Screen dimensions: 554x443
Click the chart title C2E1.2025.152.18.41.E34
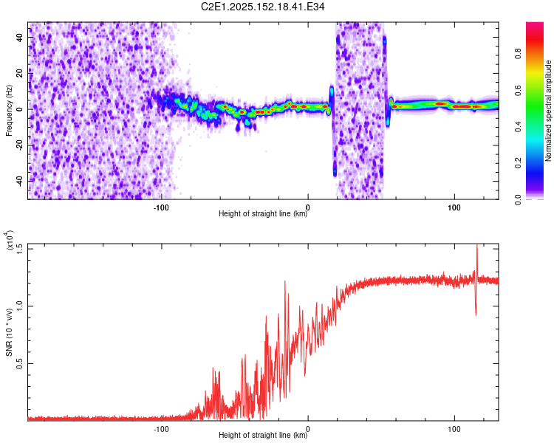[x=262, y=7]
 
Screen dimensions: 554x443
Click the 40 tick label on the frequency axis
[x=19, y=37]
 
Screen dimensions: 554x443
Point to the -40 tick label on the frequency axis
[x=19, y=180]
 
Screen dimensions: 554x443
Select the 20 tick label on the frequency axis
[x=19, y=73]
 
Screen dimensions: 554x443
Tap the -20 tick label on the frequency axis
[x=19, y=145]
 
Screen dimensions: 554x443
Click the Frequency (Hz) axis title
[x=9, y=111]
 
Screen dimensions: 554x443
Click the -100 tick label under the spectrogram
[x=161, y=207]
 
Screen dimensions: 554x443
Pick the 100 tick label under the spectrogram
[x=454, y=207]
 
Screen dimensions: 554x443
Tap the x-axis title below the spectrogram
[x=263, y=213]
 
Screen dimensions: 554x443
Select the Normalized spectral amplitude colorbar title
[x=548, y=111]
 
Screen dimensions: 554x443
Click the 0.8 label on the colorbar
[x=519, y=54]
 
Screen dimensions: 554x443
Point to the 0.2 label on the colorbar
[x=519, y=163]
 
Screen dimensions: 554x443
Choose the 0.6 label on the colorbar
[x=519, y=90]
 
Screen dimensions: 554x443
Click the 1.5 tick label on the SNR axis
[x=19, y=249]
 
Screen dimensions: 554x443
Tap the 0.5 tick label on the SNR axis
[x=19, y=363]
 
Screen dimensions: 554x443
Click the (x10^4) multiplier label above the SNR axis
[x=9, y=240]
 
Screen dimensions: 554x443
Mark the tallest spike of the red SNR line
[x=477, y=245]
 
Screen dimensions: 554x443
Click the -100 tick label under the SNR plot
[x=161, y=429]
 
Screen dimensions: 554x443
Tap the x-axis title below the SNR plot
[x=263, y=435]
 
